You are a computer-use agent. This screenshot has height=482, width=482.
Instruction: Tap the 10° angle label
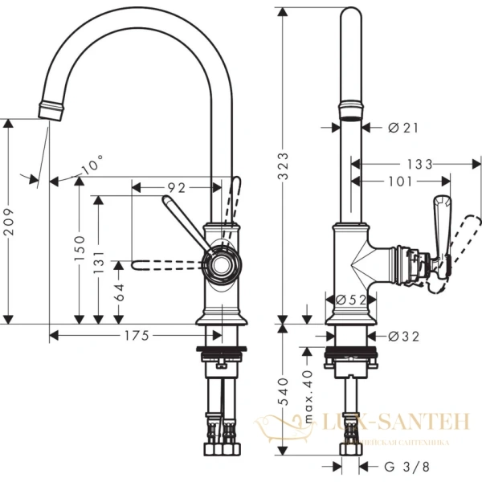92,165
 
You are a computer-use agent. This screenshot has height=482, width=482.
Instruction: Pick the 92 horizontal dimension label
177,187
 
